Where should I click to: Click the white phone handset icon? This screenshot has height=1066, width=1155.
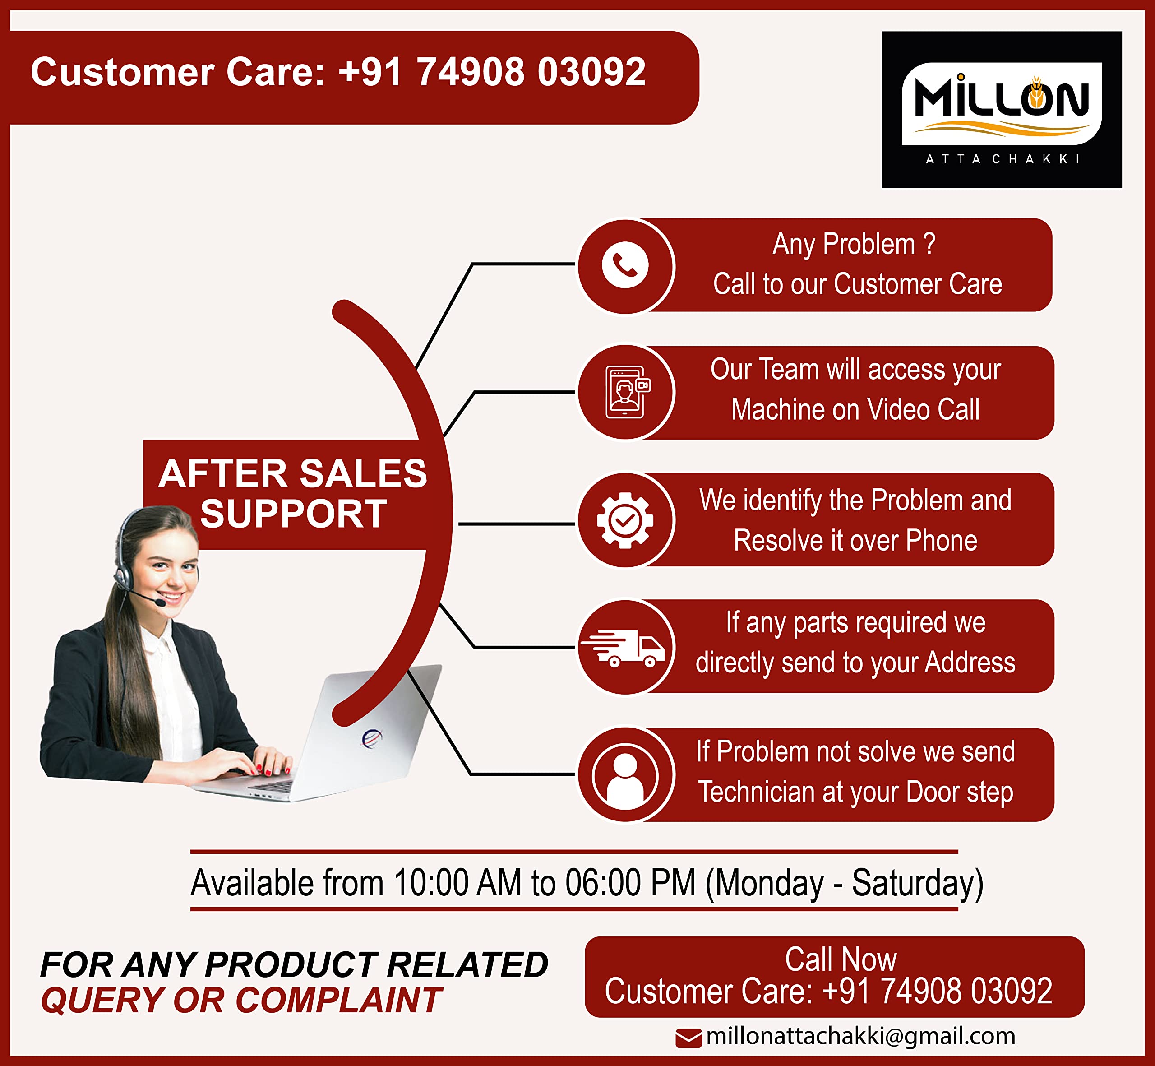point(625,265)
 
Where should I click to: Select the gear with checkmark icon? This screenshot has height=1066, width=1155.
point(625,520)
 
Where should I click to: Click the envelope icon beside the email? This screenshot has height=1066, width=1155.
point(688,1038)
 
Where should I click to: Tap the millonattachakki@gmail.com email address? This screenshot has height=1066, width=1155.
point(860,1036)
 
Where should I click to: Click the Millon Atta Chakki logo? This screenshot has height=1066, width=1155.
point(1002,110)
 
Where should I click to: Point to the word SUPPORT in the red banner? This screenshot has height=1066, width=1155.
point(294,514)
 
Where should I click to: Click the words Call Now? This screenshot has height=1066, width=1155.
point(841,959)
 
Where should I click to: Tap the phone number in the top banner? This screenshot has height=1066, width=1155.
point(492,72)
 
